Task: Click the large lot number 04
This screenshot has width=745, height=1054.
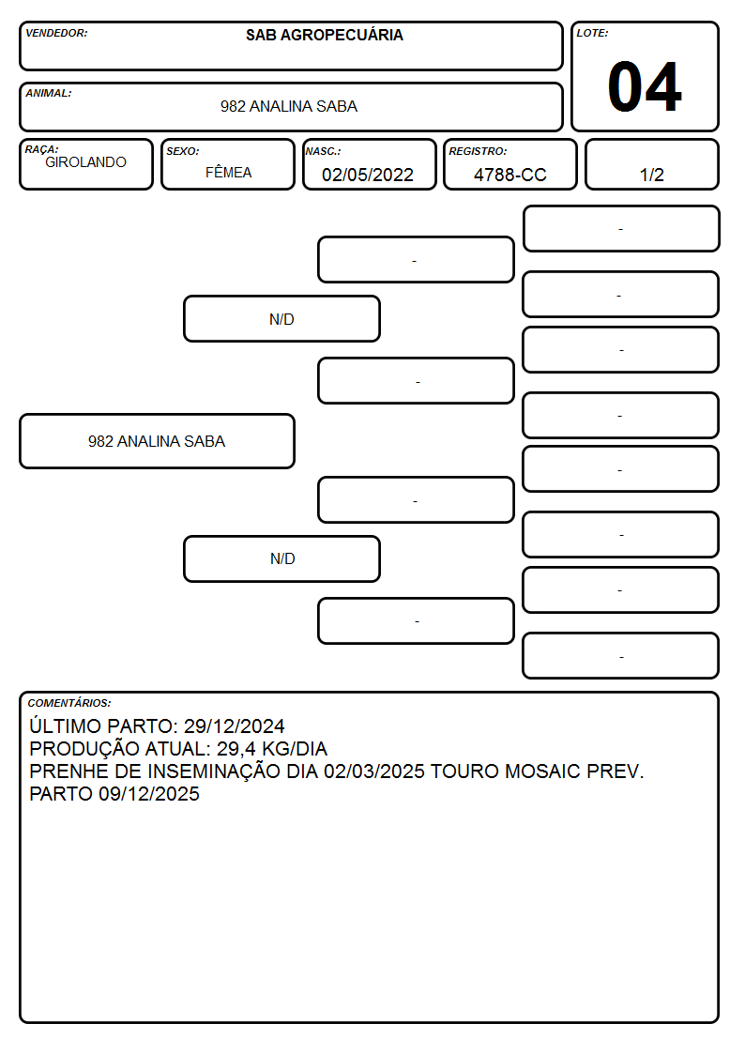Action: click(x=645, y=86)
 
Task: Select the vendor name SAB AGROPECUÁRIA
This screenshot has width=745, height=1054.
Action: click(x=325, y=35)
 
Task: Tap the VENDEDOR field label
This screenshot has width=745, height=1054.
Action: click(x=56, y=33)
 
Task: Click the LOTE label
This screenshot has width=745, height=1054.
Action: click(x=592, y=33)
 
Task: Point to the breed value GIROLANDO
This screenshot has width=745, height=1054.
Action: click(x=85, y=162)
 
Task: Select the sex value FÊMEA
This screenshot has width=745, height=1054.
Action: click(x=228, y=173)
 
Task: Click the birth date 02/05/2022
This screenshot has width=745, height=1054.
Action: click(x=368, y=175)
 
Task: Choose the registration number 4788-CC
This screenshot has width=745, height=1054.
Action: click(x=509, y=175)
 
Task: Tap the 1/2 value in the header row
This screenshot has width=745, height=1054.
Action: click(x=651, y=175)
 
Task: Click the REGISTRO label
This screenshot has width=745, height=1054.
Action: click(x=478, y=151)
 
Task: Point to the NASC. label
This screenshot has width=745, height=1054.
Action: click(x=323, y=151)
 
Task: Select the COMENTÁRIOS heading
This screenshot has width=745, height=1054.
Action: click(x=69, y=703)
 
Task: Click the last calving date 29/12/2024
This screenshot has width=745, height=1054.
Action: click(x=234, y=726)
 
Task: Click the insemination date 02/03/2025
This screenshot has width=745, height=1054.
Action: click(x=374, y=771)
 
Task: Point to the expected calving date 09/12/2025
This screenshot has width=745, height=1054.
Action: click(x=149, y=794)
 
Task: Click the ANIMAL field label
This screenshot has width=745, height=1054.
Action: click(x=49, y=94)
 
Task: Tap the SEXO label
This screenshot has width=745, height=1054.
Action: click(x=183, y=151)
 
